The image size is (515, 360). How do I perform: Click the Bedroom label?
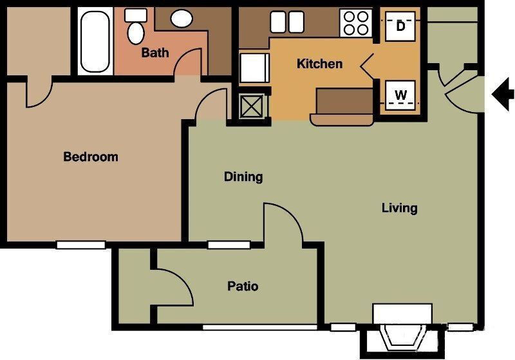91,156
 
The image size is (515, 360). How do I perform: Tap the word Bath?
154,53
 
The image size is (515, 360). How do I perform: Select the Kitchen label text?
319,64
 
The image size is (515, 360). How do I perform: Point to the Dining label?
243,176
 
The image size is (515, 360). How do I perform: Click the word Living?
399,208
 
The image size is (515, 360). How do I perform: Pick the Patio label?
243,286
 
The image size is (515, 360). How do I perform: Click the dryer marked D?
401,26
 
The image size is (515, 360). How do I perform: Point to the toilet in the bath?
136,28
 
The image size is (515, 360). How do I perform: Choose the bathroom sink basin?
182,18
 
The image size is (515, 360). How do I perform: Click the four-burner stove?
356,24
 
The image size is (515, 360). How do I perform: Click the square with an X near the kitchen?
250,106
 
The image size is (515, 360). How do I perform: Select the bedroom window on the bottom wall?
80,245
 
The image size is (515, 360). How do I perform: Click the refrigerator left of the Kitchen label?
254,68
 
